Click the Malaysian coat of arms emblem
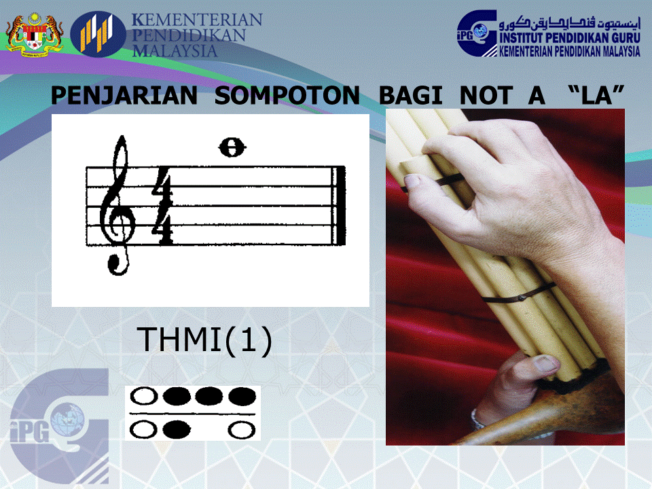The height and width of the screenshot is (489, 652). tap(35, 33)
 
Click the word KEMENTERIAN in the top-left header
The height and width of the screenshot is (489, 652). tap(197, 20)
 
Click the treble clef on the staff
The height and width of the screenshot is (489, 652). tap(116, 204)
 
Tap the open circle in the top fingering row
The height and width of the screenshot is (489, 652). tap(145, 396)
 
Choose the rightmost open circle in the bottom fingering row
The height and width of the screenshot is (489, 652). tap(241, 429)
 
